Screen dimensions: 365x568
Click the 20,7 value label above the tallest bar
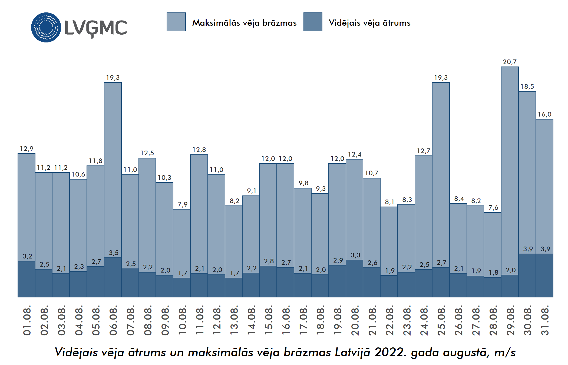coord(510,62)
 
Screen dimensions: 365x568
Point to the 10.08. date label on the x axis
coord(183,320)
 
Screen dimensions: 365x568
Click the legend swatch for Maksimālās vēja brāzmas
coord(176,22)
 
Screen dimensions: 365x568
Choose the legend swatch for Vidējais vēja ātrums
coord(313,22)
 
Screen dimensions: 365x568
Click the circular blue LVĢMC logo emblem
coord(46,27)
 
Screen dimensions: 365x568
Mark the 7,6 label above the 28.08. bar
coord(493,208)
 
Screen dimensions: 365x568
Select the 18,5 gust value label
coord(527,87)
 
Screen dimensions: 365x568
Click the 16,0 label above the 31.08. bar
coord(544,114)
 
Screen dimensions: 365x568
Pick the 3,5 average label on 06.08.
coord(114,253)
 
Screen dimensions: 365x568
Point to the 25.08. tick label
coord(441,320)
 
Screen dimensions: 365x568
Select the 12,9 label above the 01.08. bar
coord(27,149)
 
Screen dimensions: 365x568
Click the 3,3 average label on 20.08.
coord(355,255)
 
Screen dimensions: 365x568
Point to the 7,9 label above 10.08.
coord(183,204)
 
